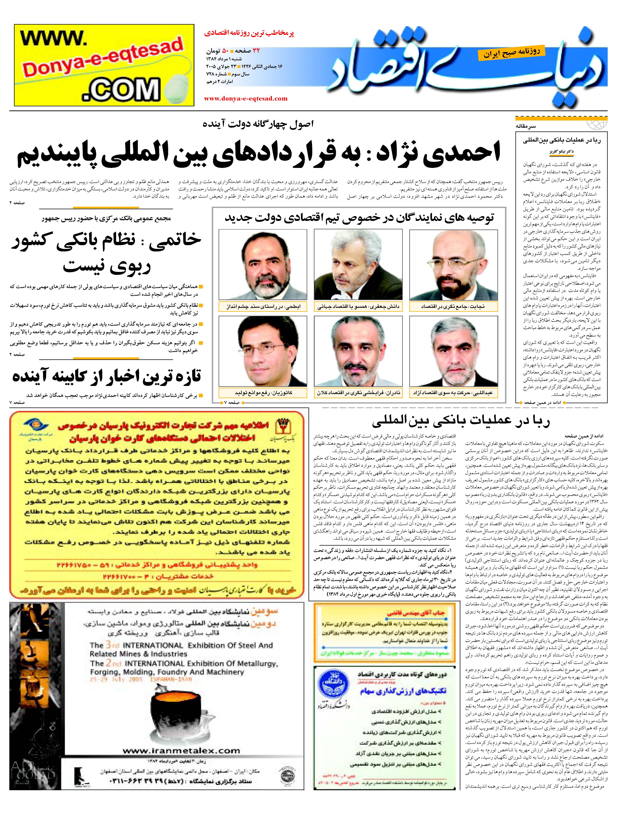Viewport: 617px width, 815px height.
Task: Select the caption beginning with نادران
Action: [x=358, y=393]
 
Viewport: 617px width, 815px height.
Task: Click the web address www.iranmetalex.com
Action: [x=181, y=751]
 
